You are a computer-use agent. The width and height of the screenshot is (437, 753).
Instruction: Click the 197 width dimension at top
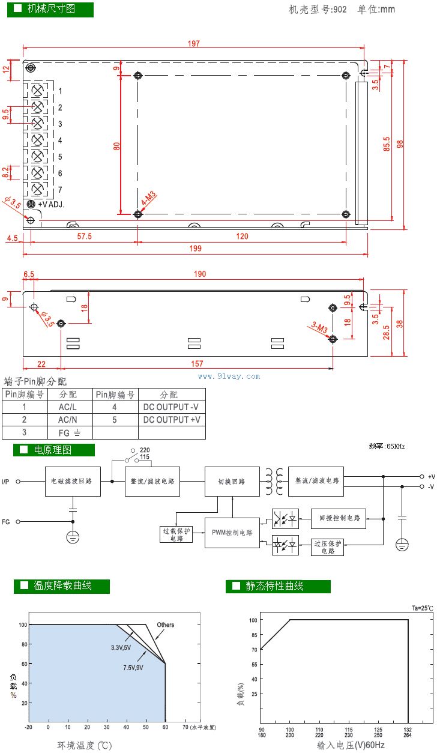click(x=193, y=43)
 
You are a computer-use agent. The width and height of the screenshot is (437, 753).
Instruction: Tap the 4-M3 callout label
click(x=148, y=199)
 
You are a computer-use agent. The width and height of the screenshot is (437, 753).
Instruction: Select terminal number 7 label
click(x=60, y=190)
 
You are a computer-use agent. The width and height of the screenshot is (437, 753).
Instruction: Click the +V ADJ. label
click(x=51, y=204)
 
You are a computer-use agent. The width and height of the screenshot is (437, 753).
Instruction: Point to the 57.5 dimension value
click(x=85, y=237)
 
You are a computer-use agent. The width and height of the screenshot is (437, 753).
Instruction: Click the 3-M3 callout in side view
click(x=319, y=328)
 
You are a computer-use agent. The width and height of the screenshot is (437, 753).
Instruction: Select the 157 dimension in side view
click(x=197, y=363)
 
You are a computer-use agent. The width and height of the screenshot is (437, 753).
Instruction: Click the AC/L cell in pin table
click(x=67, y=407)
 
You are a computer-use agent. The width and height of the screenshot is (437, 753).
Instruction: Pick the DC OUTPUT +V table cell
click(x=172, y=420)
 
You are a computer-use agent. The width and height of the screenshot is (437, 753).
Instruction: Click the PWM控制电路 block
click(x=232, y=533)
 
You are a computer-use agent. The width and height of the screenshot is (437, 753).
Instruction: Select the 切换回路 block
click(x=232, y=481)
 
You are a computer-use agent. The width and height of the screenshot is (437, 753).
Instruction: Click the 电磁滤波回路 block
click(x=73, y=481)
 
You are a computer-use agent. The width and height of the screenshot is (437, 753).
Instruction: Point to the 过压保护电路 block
click(x=327, y=547)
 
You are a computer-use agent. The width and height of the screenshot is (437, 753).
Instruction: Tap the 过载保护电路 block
click(x=176, y=534)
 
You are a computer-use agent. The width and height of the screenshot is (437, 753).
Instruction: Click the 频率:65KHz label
click(x=387, y=446)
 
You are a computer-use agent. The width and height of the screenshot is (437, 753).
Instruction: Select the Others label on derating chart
click(x=166, y=625)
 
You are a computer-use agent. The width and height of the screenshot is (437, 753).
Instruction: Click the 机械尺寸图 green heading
click(x=50, y=9)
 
